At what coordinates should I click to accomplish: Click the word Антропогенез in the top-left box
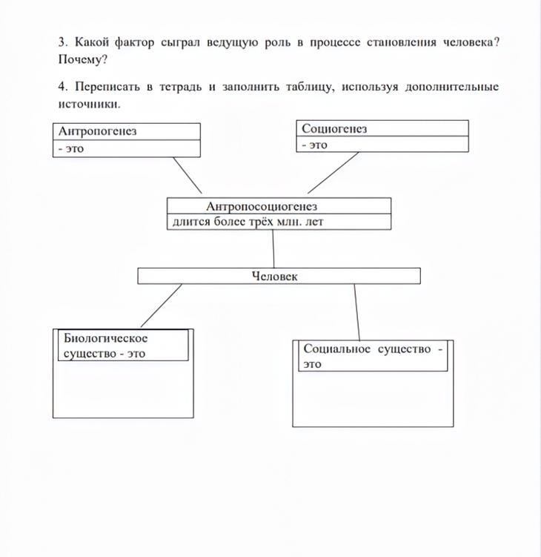97,131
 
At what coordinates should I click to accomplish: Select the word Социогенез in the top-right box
334,128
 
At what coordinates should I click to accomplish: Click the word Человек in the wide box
275,276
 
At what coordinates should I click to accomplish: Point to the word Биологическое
106,338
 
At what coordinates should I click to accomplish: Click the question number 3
63,42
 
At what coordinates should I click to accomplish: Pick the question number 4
63,88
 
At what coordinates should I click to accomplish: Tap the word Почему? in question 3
83,59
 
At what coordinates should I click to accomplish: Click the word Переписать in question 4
105,88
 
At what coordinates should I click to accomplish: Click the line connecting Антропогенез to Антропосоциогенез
187,175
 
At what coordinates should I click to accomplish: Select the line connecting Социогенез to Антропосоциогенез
333,173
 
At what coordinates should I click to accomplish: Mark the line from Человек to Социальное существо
356,312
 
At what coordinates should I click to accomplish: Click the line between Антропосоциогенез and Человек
273,249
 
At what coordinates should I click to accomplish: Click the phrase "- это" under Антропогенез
71,148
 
